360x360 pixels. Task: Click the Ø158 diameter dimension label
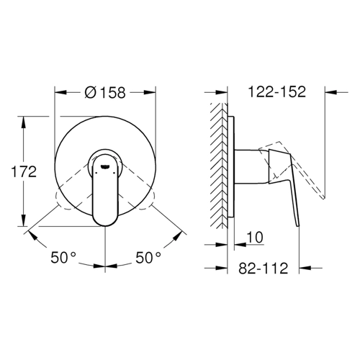(x=105, y=92)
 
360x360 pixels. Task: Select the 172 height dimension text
(x=24, y=171)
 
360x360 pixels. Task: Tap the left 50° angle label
(x=63, y=258)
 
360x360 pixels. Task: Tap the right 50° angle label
(x=148, y=258)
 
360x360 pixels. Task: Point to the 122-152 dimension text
(x=276, y=91)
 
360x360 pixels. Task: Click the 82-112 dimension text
(x=263, y=268)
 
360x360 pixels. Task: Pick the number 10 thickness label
(x=255, y=237)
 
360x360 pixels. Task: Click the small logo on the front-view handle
(x=105, y=166)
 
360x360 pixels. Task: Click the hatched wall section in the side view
(x=219, y=166)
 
